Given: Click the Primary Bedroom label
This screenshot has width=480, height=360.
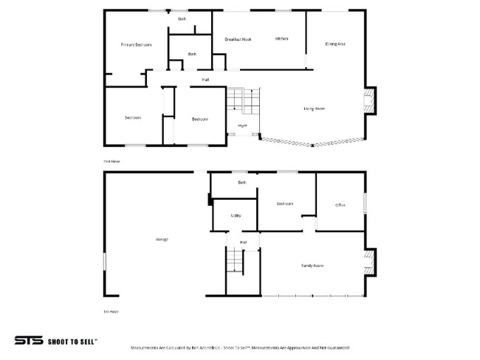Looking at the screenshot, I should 136,45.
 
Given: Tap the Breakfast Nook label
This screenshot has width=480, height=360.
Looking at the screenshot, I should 239,39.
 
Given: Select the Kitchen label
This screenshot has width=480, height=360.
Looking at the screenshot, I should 281,38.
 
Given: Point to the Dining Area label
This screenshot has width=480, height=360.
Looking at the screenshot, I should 335,44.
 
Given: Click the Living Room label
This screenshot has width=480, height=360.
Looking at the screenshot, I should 314,108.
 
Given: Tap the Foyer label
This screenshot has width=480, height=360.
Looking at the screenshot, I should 242,126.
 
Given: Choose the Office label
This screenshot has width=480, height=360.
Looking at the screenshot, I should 340,205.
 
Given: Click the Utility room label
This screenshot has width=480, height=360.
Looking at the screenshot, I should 236,215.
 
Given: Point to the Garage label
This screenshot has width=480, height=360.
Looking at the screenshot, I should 162,240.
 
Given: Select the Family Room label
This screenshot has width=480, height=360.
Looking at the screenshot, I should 312,265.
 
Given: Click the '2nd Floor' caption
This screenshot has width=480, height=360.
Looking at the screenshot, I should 111,160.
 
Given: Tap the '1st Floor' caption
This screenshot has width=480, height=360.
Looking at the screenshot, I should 111,311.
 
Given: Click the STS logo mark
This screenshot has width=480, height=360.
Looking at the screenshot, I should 28,341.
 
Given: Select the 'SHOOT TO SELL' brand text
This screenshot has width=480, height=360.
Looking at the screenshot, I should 72,342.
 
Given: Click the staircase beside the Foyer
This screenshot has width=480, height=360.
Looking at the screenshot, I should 243,100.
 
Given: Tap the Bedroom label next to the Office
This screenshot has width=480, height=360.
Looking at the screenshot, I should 285,204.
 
